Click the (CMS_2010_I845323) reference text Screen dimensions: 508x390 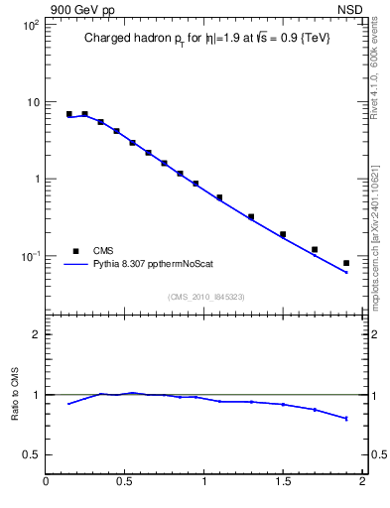(x=206, y=296)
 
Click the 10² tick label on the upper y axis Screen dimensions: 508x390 (x=29, y=25)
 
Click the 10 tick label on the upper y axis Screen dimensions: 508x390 (x=32, y=102)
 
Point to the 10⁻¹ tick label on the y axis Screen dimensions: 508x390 (x=29, y=256)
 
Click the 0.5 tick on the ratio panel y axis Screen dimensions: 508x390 (x=31, y=454)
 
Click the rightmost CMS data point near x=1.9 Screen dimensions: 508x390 (x=346, y=263)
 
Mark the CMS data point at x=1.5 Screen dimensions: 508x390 (x=283, y=234)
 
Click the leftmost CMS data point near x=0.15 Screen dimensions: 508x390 (x=69, y=114)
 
